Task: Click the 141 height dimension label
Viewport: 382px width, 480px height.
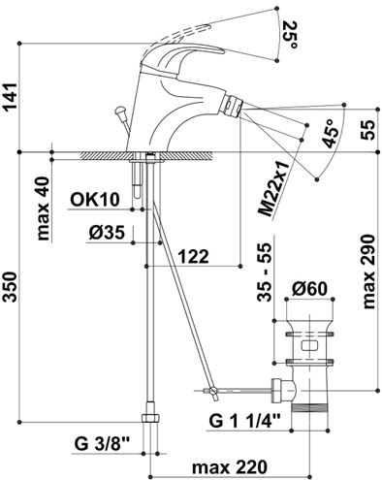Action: [x=11, y=97]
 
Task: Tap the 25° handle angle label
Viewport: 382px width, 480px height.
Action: [x=290, y=35]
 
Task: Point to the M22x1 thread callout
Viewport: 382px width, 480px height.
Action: [x=272, y=190]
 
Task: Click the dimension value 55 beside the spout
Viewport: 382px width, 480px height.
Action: [x=368, y=130]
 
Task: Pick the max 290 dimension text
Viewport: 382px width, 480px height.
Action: [x=368, y=272]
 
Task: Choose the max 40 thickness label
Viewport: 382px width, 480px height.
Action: [x=44, y=208]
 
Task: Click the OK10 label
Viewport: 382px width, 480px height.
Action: [x=95, y=200]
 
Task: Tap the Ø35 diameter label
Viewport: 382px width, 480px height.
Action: [x=107, y=233]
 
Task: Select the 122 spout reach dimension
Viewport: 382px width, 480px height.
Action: [x=194, y=257]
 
